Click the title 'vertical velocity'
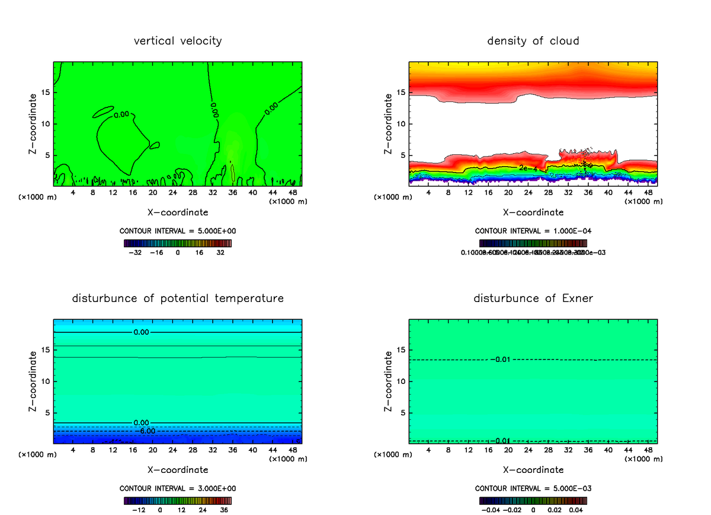[178, 41]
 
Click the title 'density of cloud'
[533, 41]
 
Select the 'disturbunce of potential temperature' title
[178, 298]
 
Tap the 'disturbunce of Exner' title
[533, 298]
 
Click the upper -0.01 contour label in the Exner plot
[501, 359]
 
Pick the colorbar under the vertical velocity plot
[178, 243]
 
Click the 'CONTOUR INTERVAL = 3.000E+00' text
[178, 488]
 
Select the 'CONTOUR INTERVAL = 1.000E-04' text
[533, 231]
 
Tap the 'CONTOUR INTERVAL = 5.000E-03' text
[533, 488]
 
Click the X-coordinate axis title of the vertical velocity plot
[178, 212]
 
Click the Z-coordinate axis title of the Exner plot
[389, 382]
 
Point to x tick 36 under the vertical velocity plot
[232, 193]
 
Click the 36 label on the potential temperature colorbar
[224, 510]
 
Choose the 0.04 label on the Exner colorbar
[576, 510]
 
